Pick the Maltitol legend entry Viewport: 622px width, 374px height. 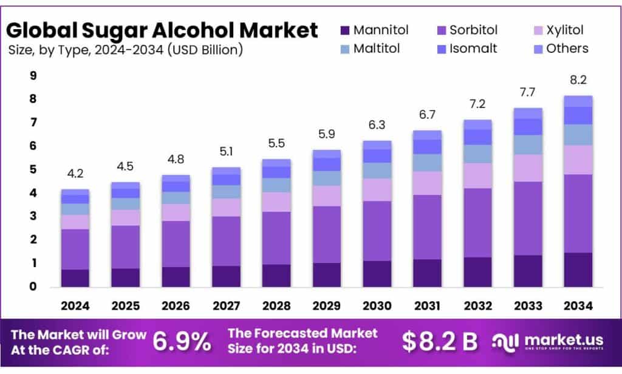(x=377, y=49)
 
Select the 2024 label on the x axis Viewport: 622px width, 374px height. (x=75, y=306)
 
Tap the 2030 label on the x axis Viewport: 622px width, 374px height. (x=377, y=306)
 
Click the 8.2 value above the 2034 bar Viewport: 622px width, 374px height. (x=578, y=81)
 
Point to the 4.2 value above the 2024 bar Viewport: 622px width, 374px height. (x=75, y=175)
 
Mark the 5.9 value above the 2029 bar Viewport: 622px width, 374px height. (x=326, y=135)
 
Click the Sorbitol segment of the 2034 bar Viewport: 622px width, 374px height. (x=578, y=213)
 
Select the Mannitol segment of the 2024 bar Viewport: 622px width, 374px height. (x=75, y=277)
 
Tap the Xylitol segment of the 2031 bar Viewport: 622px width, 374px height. (x=427, y=183)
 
